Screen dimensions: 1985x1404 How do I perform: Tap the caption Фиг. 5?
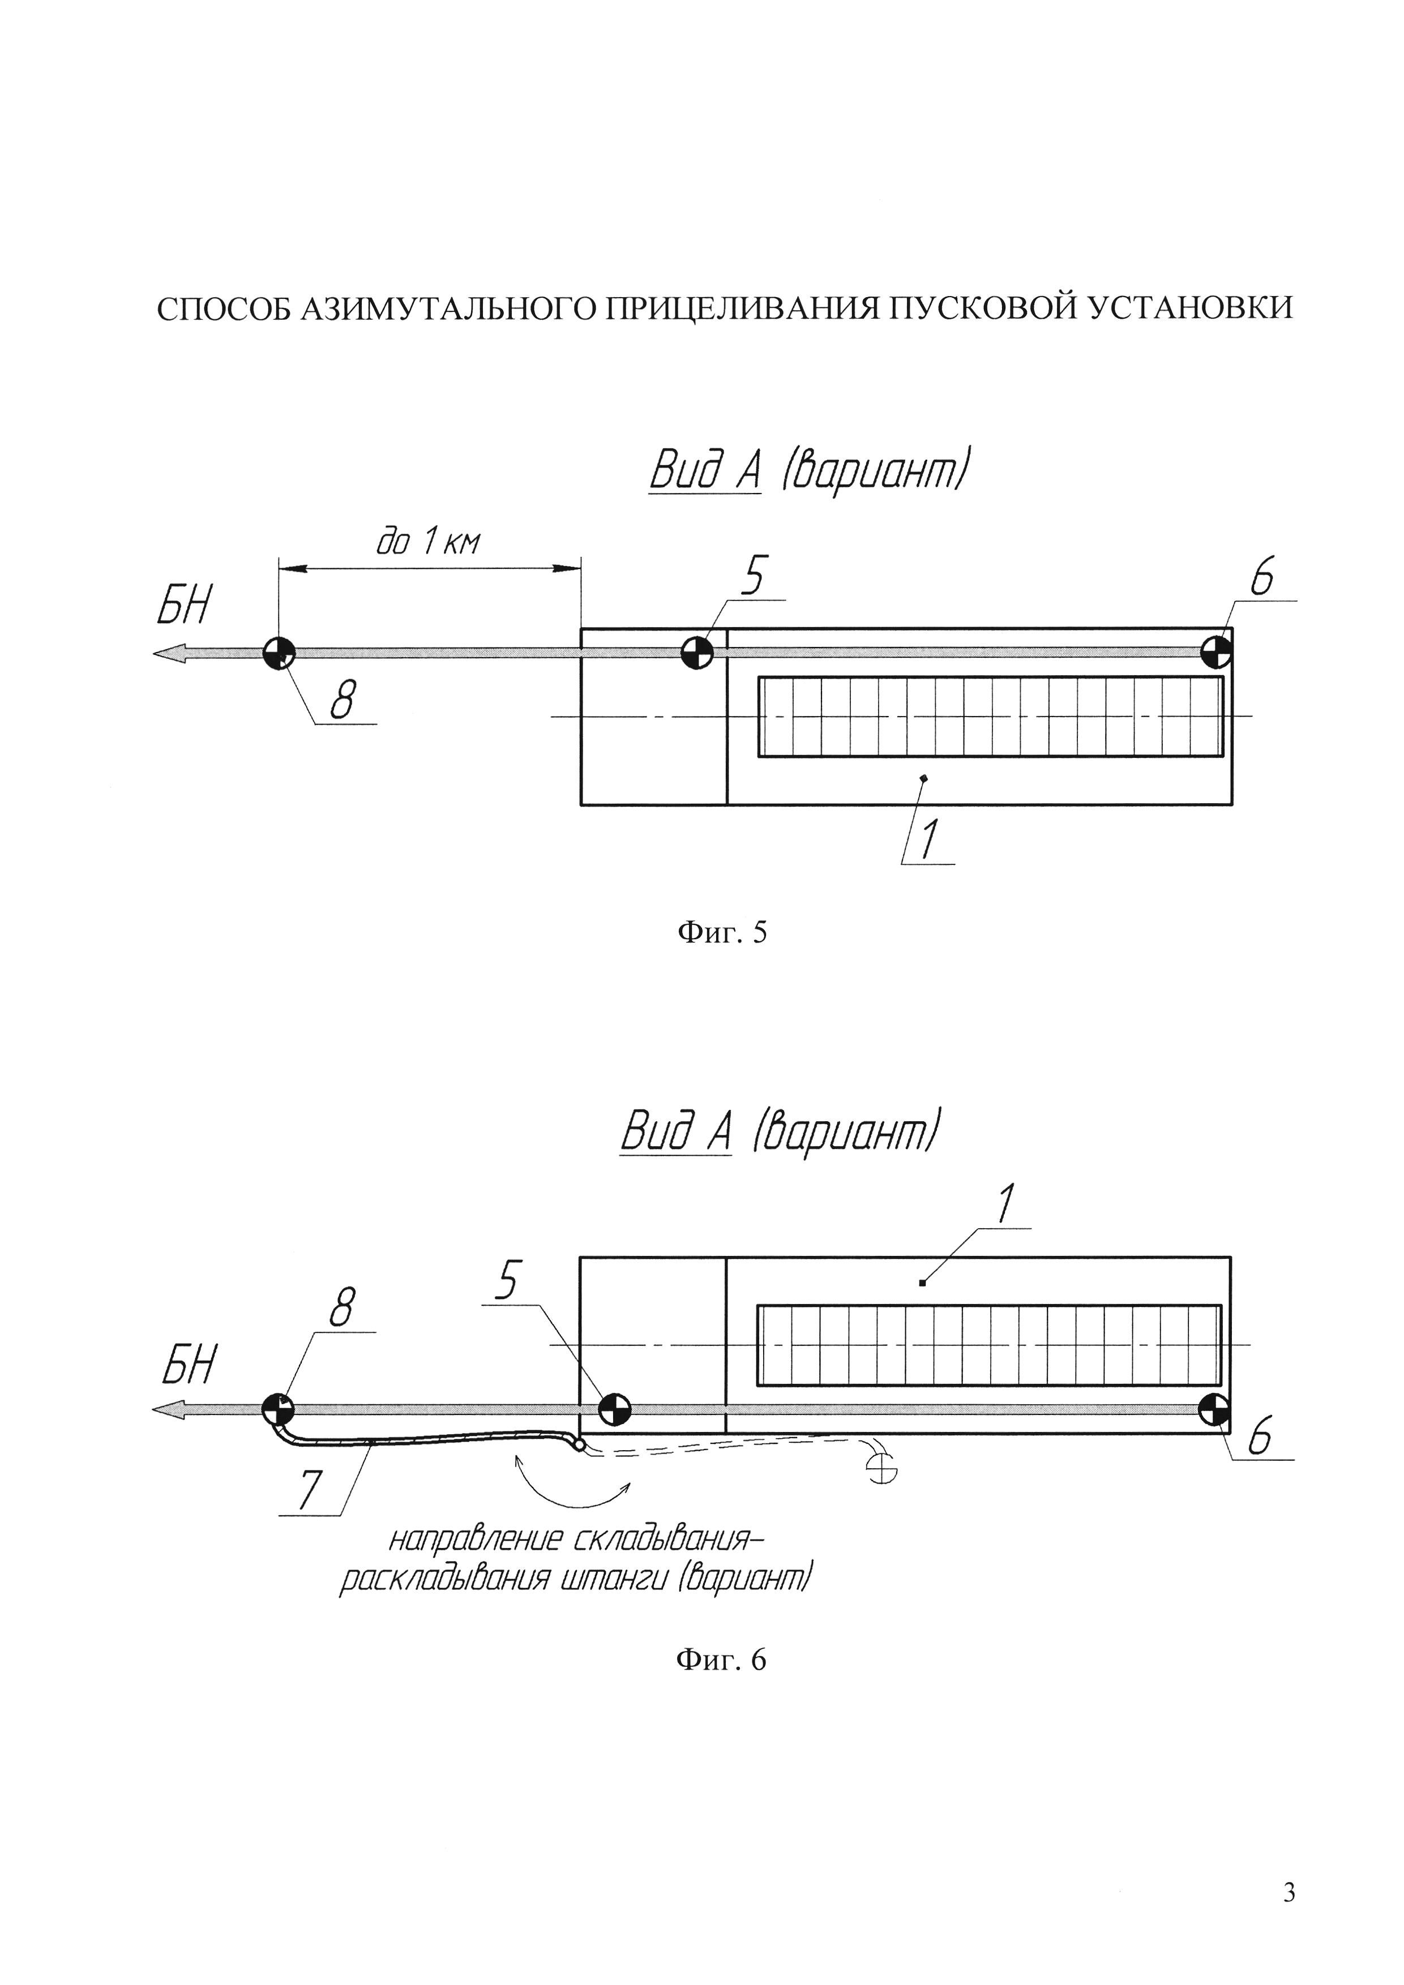tap(722, 932)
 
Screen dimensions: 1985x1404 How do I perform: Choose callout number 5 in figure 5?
tap(754, 577)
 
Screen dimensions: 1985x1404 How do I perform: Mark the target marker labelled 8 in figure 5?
tap(279, 653)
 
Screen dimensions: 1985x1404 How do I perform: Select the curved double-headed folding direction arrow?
tap(571, 1481)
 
